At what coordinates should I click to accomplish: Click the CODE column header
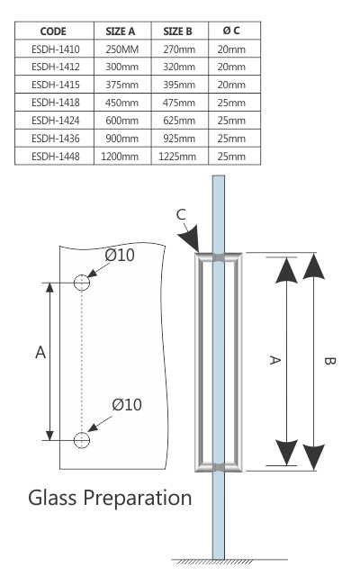point(53,31)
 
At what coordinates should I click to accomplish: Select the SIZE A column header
point(121,31)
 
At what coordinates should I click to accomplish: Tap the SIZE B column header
point(180,31)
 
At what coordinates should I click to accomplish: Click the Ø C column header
point(231,31)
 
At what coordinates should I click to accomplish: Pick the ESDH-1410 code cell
point(53,49)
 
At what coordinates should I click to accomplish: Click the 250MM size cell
point(121,49)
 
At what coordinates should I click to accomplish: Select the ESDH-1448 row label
point(53,156)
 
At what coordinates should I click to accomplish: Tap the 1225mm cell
point(180,156)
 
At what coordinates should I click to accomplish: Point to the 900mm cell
point(121,138)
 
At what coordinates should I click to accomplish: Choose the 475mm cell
point(180,102)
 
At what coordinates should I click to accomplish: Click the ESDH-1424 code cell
point(53,120)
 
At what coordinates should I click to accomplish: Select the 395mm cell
point(180,85)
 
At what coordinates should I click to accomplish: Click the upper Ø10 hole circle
point(82,283)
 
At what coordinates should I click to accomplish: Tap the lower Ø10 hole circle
point(82,440)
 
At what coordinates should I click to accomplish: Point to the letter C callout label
point(181,214)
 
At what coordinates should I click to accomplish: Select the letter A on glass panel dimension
point(40,354)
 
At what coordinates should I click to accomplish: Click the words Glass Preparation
point(110,498)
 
